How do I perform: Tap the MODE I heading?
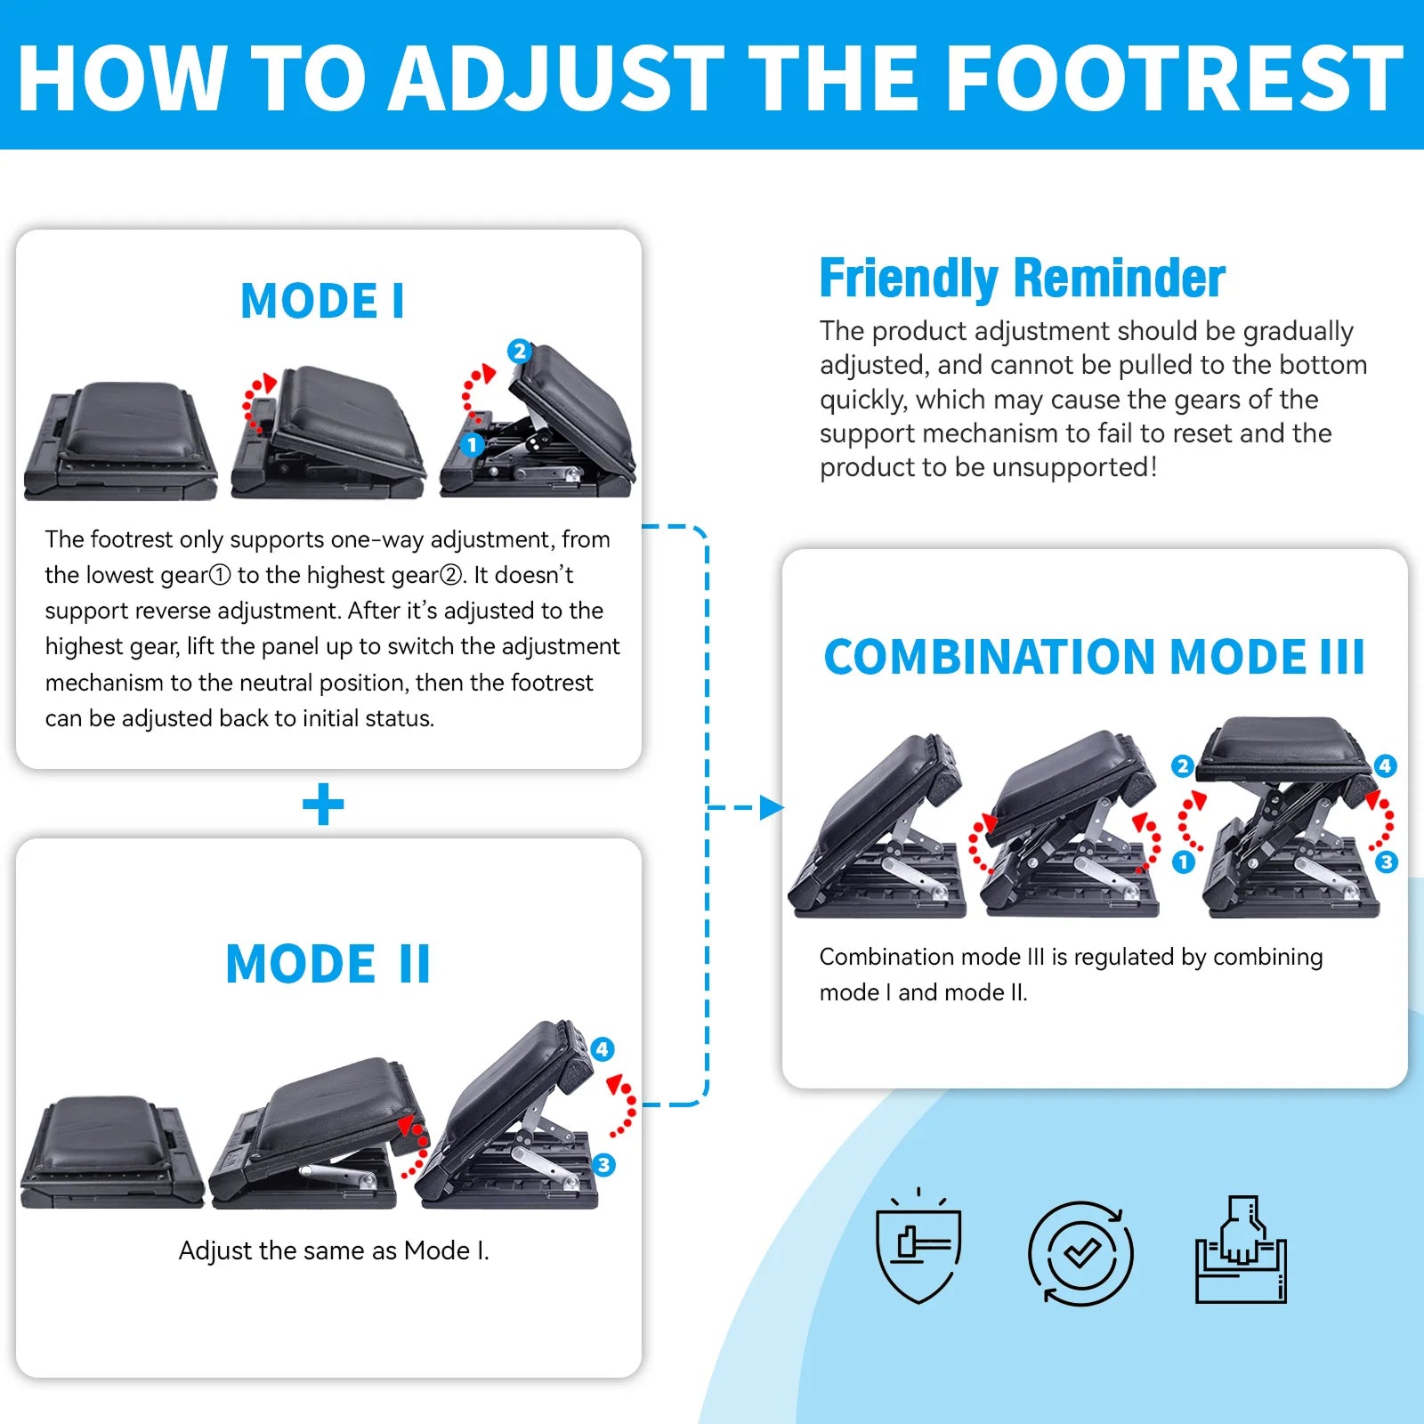point(323,301)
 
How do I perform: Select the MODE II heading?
point(328,964)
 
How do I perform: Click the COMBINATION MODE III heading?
point(1094,657)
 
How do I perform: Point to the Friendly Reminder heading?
point(1022,278)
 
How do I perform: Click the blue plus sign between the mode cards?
point(323,805)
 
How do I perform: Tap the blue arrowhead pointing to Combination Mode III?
point(773,808)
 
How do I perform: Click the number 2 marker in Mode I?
point(520,351)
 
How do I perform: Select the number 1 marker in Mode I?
point(472,444)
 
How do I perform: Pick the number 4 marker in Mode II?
point(603,1049)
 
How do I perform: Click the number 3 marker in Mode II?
point(604,1164)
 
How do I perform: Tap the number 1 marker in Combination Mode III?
point(1183,862)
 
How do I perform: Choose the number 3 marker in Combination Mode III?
point(1387,862)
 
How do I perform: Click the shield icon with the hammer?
point(918,1246)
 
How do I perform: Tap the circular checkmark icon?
point(1080,1254)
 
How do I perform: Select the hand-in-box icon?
point(1241,1250)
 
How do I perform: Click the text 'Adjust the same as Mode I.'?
point(334,1250)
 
